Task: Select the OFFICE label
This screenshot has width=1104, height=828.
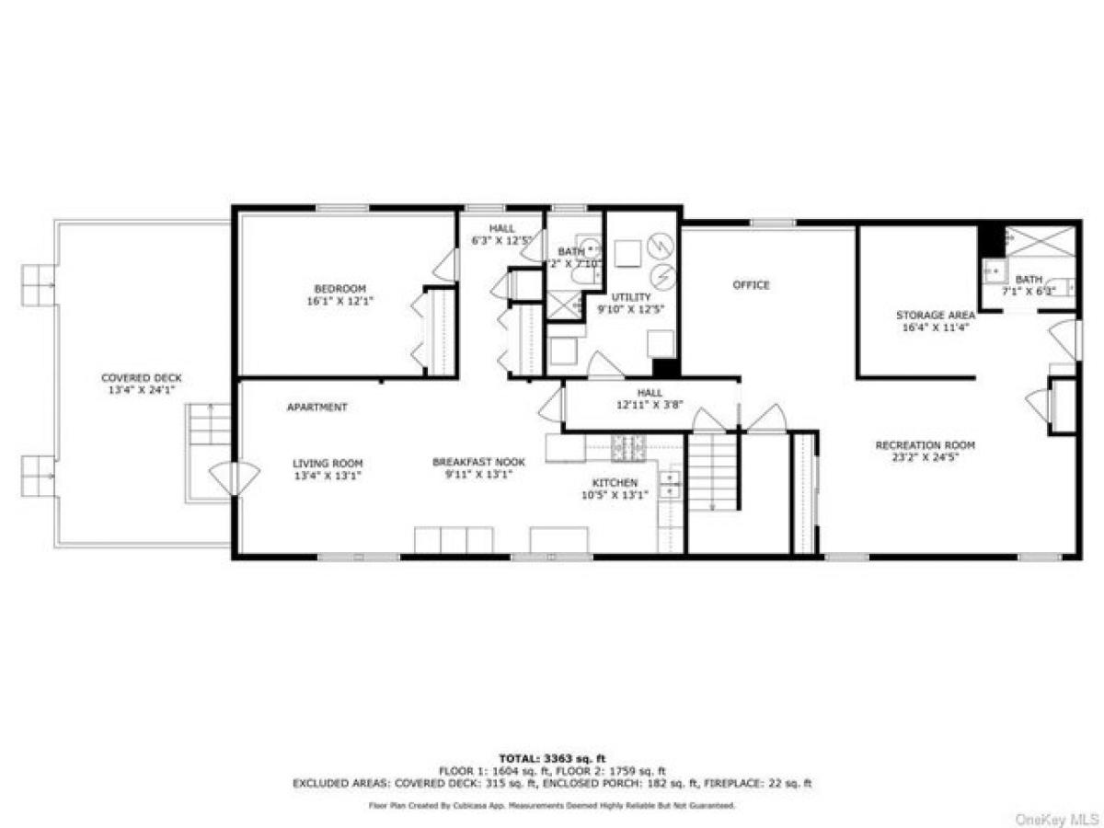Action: click(751, 285)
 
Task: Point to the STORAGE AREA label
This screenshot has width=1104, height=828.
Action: click(935, 316)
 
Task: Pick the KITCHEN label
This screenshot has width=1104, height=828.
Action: click(614, 482)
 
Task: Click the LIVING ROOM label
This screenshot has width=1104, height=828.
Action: click(328, 463)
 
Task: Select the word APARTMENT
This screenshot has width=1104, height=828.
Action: click(316, 407)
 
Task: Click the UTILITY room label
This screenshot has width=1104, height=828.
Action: click(630, 297)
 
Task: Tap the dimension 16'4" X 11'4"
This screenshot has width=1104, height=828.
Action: click(935, 328)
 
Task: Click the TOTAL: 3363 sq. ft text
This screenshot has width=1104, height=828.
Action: click(551, 757)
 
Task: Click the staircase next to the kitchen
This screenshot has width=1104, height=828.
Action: click(713, 472)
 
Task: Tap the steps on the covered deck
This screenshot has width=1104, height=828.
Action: click(210, 426)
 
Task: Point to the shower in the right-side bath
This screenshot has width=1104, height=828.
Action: click(1040, 241)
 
